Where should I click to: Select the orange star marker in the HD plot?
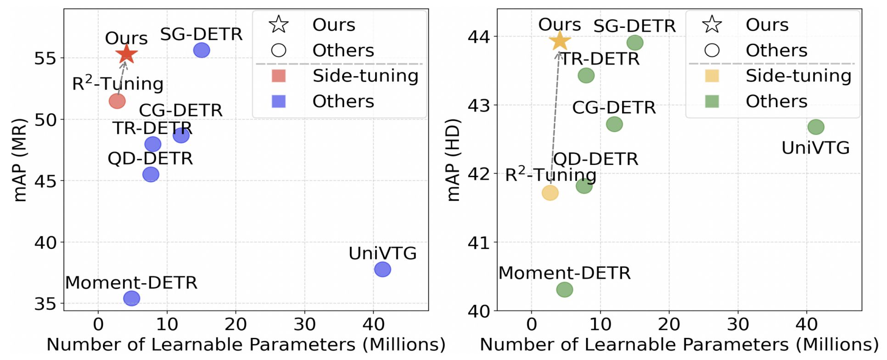560,41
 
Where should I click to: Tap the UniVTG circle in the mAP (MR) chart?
382,269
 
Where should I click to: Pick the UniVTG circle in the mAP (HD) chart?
816,127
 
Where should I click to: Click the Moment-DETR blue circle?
132,298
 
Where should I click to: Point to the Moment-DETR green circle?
565,290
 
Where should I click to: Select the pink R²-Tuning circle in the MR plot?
117,101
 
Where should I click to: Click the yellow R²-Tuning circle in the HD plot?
550,193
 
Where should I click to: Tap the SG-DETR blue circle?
202,50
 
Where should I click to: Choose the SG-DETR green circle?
635,43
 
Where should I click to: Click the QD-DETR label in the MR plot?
150,158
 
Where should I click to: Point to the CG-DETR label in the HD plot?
614,107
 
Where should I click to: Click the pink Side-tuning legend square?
279,76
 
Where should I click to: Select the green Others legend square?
712,101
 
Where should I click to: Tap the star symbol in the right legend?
712,24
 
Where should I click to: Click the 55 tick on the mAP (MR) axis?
45,58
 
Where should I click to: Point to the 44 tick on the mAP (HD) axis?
478,36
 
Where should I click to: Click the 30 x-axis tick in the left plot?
304,325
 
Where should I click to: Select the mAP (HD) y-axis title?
453,160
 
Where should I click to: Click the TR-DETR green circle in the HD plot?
586,75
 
